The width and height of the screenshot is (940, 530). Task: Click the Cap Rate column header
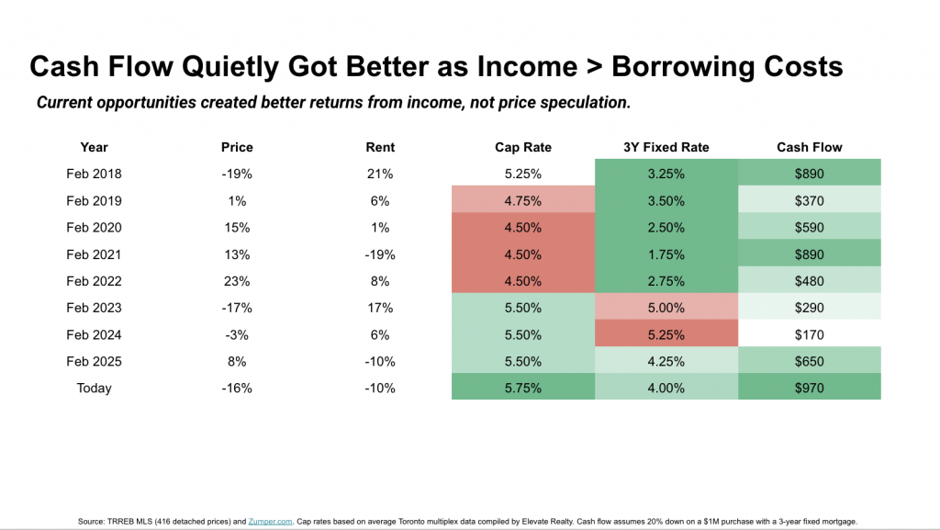pos(522,148)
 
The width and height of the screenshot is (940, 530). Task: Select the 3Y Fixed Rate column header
pos(666,148)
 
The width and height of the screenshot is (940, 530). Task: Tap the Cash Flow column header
pos(810,148)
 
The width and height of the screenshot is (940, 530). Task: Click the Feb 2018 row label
pos(95,174)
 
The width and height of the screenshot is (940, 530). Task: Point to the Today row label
pos(95,388)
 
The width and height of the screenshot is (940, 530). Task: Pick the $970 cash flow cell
pos(810,387)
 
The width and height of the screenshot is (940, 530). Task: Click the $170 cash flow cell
pos(810,333)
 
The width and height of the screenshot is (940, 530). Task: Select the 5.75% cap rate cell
pos(523,387)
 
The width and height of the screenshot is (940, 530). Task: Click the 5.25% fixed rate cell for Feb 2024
pos(666,333)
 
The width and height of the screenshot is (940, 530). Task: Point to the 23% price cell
pos(237,281)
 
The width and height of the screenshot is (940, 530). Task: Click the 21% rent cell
pos(380,174)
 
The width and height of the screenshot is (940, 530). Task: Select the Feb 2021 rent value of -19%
pos(380,254)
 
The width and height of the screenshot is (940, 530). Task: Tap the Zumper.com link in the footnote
pos(271,522)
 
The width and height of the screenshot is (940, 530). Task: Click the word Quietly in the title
pos(230,67)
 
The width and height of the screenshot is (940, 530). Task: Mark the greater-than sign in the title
pos(594,67)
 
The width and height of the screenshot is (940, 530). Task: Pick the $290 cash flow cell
pos(810,307)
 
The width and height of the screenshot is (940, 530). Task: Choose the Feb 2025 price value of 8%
pos(237,362)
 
